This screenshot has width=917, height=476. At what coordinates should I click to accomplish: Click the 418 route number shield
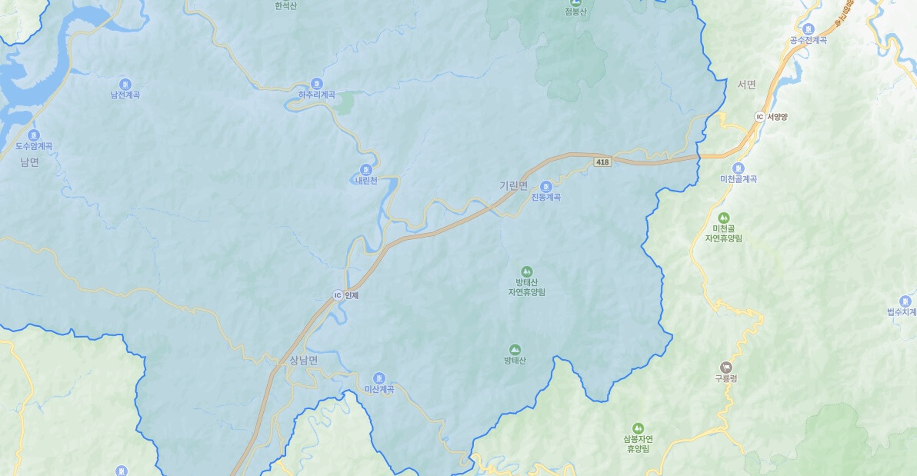click(602, 161)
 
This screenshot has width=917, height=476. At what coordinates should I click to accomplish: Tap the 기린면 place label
click(514, 185)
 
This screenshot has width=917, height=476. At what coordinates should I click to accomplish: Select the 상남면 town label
click(304, 360)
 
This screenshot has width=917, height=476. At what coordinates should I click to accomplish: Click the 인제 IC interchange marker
click(337, 295)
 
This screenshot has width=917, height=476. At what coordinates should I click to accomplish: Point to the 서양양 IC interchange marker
click(759, 117)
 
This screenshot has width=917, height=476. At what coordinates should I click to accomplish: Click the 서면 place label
click(746, 85)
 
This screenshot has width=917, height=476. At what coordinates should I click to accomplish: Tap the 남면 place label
click(29, 162)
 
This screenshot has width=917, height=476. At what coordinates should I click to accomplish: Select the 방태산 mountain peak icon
click(515, 349)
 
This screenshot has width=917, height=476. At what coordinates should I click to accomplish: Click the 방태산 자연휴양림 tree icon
click(526, 271)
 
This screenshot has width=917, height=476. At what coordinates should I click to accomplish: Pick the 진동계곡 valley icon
click(545, 186)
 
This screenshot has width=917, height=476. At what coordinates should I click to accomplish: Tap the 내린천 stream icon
click(365, 170)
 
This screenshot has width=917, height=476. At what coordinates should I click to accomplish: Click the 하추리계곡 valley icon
click(317, 84)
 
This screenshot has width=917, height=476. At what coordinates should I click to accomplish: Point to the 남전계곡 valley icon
click(125, 84)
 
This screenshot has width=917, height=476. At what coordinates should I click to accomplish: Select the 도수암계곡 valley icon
click(34, 135)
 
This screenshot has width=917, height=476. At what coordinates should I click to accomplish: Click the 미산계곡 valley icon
click(378, 378)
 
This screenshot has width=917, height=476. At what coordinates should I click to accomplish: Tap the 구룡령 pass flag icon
click(725, 367)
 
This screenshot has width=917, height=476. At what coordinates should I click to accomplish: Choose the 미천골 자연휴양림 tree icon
click(723, 218)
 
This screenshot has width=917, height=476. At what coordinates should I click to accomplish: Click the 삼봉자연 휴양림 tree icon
click(637, 428)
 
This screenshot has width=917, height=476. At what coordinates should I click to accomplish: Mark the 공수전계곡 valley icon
click(808, 28)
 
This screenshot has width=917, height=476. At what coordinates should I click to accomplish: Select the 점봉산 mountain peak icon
click(575, 2)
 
